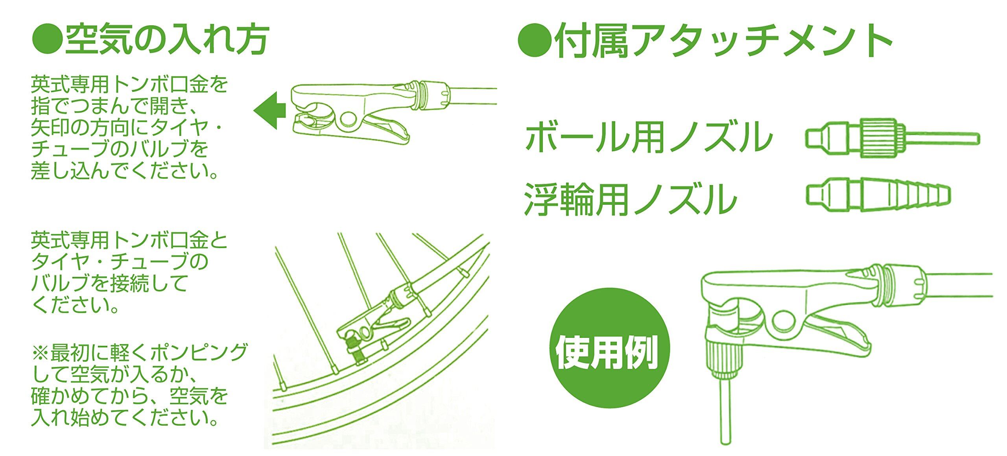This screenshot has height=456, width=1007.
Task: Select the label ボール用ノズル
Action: (649, 138)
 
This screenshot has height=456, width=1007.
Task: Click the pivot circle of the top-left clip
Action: (349, 120)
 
